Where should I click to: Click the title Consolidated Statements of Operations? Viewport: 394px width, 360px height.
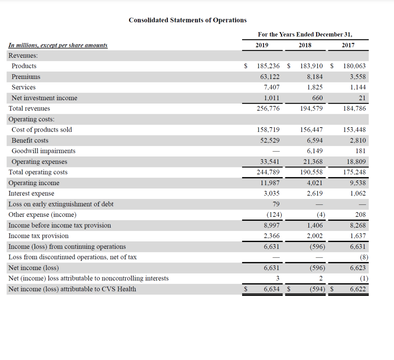pos(188,20)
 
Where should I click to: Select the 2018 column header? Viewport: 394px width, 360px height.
pos(305,45)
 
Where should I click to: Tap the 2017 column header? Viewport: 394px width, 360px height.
pos(348,45)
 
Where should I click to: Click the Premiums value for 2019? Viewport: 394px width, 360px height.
pos(270,77)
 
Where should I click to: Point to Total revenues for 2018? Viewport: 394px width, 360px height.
pos(311,108)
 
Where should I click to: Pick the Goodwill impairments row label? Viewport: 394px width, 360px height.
pos(43,151)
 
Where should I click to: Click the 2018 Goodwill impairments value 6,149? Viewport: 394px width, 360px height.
pos(315,151)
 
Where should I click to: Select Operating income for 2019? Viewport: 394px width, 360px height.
pos(270,183)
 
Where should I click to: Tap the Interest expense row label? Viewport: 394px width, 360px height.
pos(31,193)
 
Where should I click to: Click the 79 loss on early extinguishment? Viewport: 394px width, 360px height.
pos(276,204)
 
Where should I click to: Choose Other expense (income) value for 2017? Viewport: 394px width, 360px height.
pos(360,215)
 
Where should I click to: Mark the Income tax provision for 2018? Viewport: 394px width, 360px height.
pos(315,236)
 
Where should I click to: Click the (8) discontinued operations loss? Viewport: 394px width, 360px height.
pos(364,257)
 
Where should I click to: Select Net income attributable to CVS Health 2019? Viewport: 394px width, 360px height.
pos(272,289)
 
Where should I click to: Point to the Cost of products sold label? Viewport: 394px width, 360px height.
pos(42,130)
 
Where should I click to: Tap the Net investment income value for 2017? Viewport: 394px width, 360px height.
pos(362,98)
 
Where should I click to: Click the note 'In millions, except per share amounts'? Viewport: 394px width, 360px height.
pos(58,45)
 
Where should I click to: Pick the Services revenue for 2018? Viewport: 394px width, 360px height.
pos(315,87)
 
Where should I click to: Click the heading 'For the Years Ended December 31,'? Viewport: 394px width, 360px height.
pos(305,34)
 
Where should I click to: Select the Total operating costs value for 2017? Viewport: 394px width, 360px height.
pos(354,172)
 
